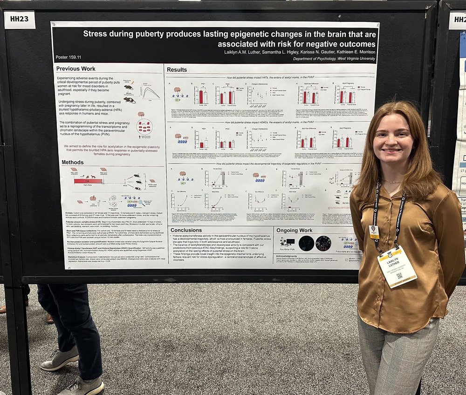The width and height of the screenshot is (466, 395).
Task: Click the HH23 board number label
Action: (x=20, y=20)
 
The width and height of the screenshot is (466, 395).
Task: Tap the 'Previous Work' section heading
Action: (x=76, y=69)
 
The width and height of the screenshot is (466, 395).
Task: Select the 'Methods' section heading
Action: (x=73, y=162)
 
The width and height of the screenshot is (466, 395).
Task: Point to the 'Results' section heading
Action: (x=177, y=69)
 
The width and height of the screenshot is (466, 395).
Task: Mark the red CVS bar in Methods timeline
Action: (x=88, y=181)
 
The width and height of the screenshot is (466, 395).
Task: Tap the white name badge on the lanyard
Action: (x=397, y=266)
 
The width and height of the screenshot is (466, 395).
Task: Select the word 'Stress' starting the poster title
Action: (x=96, y=34)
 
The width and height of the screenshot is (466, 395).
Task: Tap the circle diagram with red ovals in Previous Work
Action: (x=144, y=126)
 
